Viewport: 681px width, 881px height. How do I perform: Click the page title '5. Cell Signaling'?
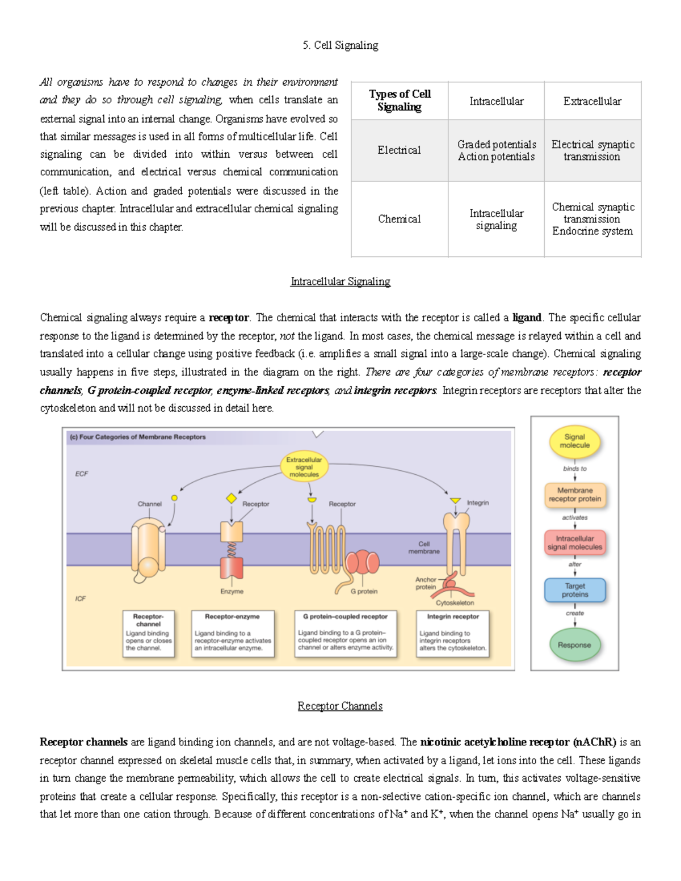[x=340, y=45]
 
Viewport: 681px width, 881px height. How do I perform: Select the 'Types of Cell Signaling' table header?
[x=400, y=100]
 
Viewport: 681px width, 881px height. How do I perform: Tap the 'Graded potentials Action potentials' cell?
[x=496, y=150]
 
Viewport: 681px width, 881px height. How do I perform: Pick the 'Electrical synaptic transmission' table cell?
[x=592, y=150]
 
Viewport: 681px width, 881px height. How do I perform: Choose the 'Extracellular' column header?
[x=592, y=101]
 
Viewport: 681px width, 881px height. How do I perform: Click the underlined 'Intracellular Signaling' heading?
[x=340, y=281]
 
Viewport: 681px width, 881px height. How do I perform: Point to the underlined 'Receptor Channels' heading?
[x=340, y=706]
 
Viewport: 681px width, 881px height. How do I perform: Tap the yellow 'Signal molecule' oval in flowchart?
[x=574, y=441]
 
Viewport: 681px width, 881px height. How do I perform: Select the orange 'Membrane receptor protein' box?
[x=574, y=495]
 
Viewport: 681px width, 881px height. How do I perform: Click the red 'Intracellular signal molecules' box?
[x=574, y=543]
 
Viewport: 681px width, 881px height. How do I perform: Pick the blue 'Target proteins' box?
[x=574, y=590]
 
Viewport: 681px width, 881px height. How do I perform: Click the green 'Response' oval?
[x=574, y=645]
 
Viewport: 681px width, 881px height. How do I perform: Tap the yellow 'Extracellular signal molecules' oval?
[x=304, y=467]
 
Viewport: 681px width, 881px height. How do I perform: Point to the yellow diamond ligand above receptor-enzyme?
[x=232, y=498]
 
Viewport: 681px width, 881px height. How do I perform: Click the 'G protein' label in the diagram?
[x=364, y=591]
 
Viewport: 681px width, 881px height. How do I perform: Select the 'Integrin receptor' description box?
[x=452, y=633]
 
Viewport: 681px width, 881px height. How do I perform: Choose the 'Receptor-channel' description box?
[x=148, y=633]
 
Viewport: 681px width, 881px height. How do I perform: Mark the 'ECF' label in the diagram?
[x=82, y=474]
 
